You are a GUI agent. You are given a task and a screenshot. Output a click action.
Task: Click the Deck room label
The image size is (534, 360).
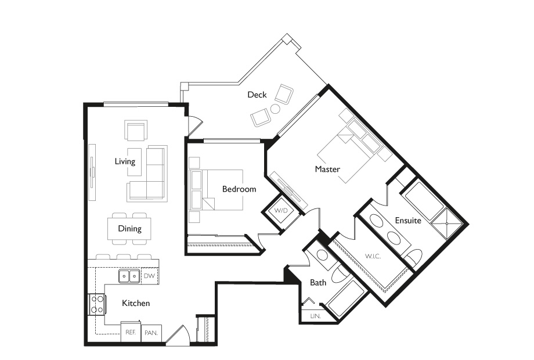click(x=257, y=95)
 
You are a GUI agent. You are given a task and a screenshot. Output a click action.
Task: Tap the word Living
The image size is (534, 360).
click(x=125, y=161)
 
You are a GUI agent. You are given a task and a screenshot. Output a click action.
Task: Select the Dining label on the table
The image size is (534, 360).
click(x=129, y=228)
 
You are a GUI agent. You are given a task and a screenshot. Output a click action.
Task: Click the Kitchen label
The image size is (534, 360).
click(x=136, y=303)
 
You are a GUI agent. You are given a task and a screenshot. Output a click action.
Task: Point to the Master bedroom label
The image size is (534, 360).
click(x=327, y=169)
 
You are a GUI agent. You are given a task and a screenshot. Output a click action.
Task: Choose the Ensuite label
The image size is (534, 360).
click(x=408, y=221)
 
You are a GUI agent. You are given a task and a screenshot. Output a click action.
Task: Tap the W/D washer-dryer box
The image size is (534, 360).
click(x=281, y=211)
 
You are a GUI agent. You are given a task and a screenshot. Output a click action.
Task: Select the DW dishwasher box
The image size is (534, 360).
click(x=149, y=276)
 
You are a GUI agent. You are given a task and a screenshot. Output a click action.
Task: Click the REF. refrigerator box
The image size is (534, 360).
click(x=131, y=333)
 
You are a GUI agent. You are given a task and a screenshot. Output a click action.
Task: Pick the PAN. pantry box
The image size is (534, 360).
click(x=151, y=333)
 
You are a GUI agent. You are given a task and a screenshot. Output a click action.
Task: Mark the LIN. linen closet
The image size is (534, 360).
click(x=315, y=316)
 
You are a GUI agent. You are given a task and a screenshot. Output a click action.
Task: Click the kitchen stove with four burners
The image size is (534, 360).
click(x=96, y=304)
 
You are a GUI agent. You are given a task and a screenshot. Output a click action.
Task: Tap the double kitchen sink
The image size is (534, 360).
click(x=128, y=276)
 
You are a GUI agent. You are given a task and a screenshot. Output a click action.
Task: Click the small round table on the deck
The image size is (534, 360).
click(x=275, y=109)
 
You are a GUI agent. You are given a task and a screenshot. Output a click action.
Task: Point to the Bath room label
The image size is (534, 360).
click(x=318, y=283)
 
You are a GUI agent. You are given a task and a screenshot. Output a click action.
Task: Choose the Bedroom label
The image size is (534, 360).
click(x=239, y=189)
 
